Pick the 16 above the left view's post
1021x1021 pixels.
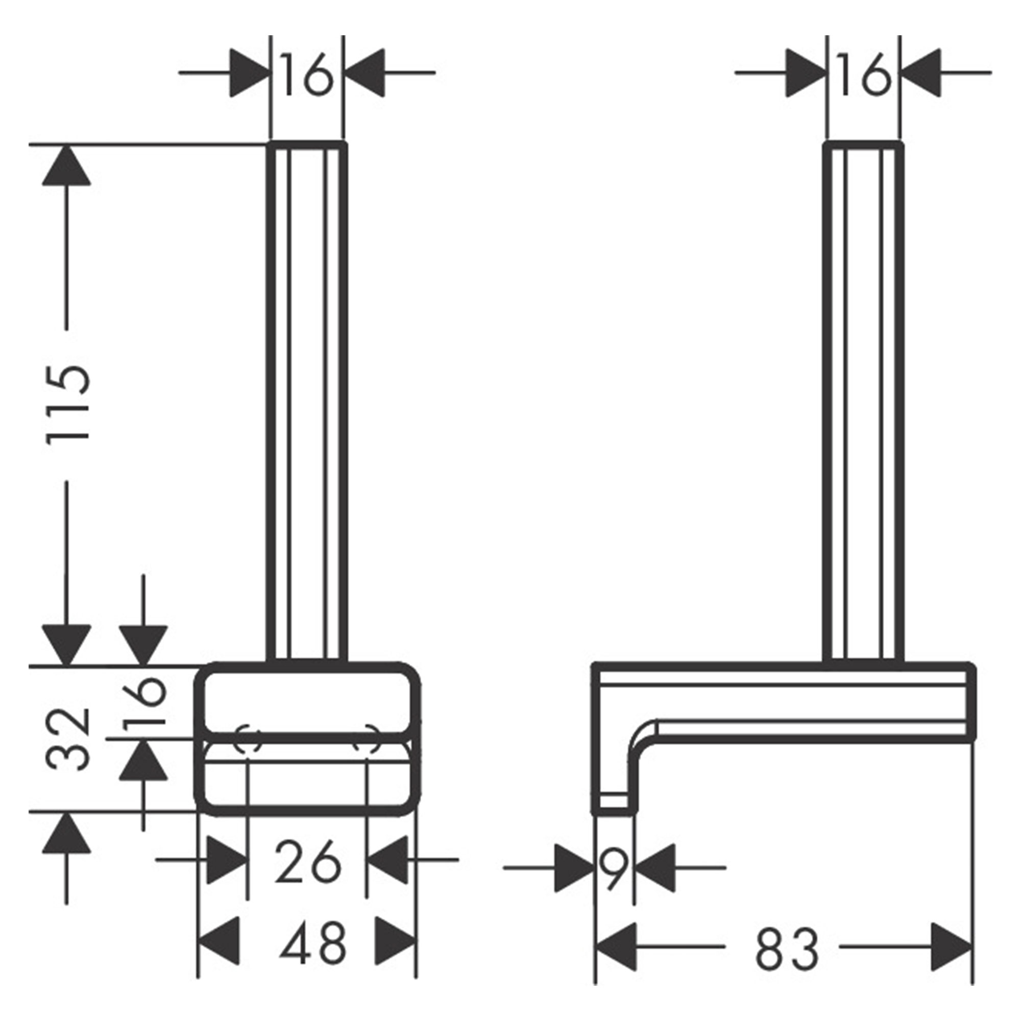(306, 75)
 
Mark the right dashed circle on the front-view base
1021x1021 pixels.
(366, 739)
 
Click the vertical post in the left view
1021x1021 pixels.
(307, 402)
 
